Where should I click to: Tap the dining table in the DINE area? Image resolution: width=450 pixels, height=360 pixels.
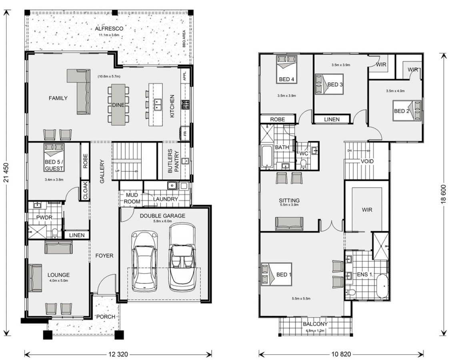point(118,104)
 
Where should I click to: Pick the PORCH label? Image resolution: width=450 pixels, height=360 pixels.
point(106,316)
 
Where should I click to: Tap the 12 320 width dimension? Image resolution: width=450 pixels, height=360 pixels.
point(118,354)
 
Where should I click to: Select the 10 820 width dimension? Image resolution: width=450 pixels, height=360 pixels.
point(341,354)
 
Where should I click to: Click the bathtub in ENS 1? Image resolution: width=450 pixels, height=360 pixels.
point(382,286)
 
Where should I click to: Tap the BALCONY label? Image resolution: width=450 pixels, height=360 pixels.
point(315,324)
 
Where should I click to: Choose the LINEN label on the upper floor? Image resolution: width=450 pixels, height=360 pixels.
point(332,119)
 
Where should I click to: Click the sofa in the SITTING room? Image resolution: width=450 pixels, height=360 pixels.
point(289,224)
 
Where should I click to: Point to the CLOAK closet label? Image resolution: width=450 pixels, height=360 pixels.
point(84,191)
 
